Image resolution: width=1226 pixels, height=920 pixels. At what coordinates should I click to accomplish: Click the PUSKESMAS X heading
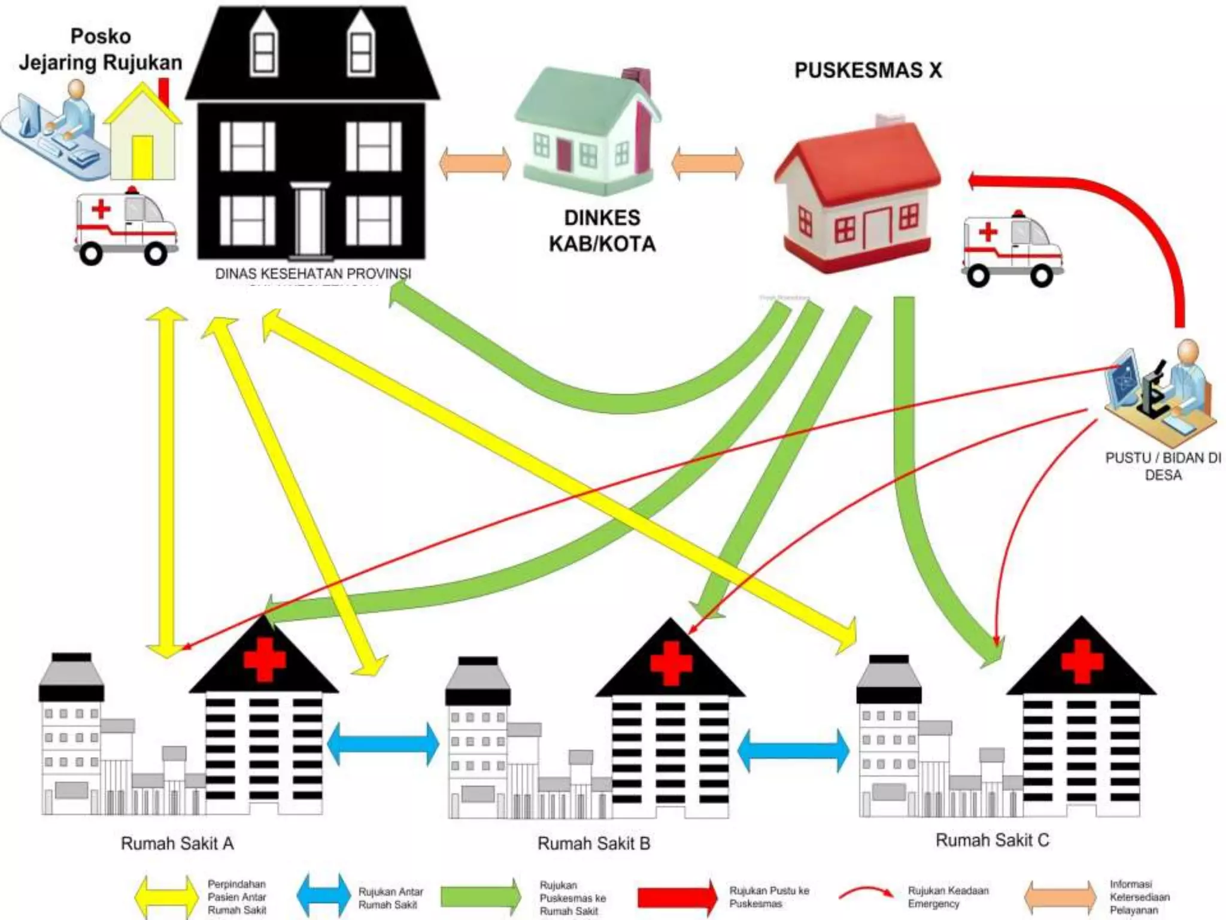pyautogui.click(x=867, y=71)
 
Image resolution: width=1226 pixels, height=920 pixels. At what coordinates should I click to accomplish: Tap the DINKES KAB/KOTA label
pyautogui.click(x=602, y=231)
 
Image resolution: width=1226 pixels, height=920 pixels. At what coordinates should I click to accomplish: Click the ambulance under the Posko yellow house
pyautogui.click(x=125, y=228)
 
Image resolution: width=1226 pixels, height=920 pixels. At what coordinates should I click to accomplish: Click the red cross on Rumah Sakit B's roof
pyautogui.click(x=671, y=662)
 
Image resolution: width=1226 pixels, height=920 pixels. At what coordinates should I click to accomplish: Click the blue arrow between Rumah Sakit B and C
pyautogui.click(x=793, y=749)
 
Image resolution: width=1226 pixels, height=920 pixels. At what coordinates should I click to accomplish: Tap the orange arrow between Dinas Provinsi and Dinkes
pyautogui.click(x=475, y=163)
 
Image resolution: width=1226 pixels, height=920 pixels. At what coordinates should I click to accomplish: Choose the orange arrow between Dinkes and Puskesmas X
pyautogui.click(x=708, y=163)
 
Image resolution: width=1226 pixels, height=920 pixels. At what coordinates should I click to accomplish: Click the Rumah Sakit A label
pyautogui.click(x=177, y=844)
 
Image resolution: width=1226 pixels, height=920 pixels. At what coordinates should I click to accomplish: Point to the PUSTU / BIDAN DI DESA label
pyautogui.click(x=1163, y=467)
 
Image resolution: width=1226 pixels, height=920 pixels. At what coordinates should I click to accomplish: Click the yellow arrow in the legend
pyautogui.click(x=167, y=896)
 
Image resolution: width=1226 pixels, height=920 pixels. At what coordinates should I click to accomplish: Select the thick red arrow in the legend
pyautogui.click(x=677, y=897)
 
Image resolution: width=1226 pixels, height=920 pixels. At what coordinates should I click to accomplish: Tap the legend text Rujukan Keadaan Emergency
pyautogui.click(x=948, y=897)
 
